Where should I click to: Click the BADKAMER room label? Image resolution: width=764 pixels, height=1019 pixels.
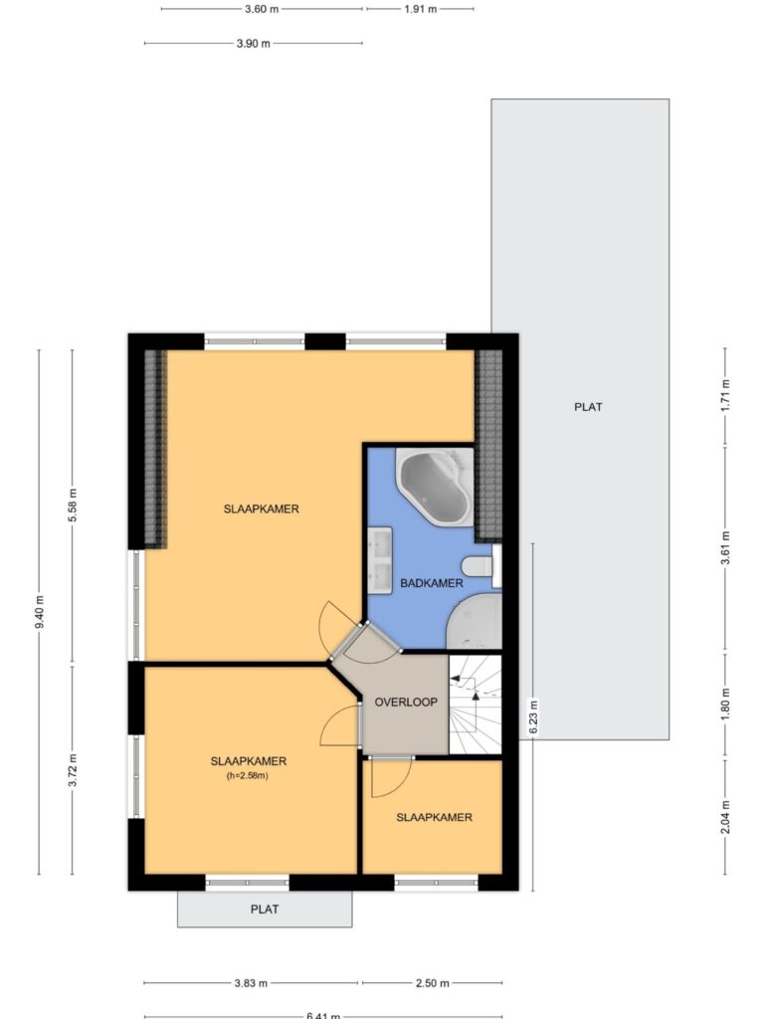(432, 583)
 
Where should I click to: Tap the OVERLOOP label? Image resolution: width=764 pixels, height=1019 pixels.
(406, 702)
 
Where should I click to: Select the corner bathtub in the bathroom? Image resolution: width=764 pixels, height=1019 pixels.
(435, 485)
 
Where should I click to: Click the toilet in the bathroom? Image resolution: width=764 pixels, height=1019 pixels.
(480, 565)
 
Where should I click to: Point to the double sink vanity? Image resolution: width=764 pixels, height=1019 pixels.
(379, 560)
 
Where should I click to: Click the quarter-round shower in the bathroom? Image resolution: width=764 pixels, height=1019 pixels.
(475, 621)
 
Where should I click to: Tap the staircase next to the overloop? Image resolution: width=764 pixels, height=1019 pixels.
(476, 705)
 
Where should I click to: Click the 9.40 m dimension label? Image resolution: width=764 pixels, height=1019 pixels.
(40, 612)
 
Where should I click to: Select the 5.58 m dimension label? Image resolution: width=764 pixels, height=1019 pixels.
(73, 505)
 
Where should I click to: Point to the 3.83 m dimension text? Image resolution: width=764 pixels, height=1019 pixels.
(251, 982)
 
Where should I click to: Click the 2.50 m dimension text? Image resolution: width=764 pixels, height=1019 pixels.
(432, 982)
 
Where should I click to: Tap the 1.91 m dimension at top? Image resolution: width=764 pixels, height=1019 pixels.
(421, 9)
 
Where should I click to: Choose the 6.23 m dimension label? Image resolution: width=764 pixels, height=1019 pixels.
(533, 716)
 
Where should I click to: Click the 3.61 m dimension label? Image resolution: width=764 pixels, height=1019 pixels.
(725, 548)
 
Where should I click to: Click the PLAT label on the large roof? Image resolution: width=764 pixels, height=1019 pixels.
(588, 407)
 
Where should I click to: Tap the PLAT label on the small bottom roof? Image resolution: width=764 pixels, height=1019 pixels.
(265, 910)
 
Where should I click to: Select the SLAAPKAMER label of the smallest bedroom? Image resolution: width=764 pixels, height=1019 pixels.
(434, 817)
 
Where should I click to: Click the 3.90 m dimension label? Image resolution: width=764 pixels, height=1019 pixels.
(254, 44)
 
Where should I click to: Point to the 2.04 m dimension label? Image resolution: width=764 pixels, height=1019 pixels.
(725, 817)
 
